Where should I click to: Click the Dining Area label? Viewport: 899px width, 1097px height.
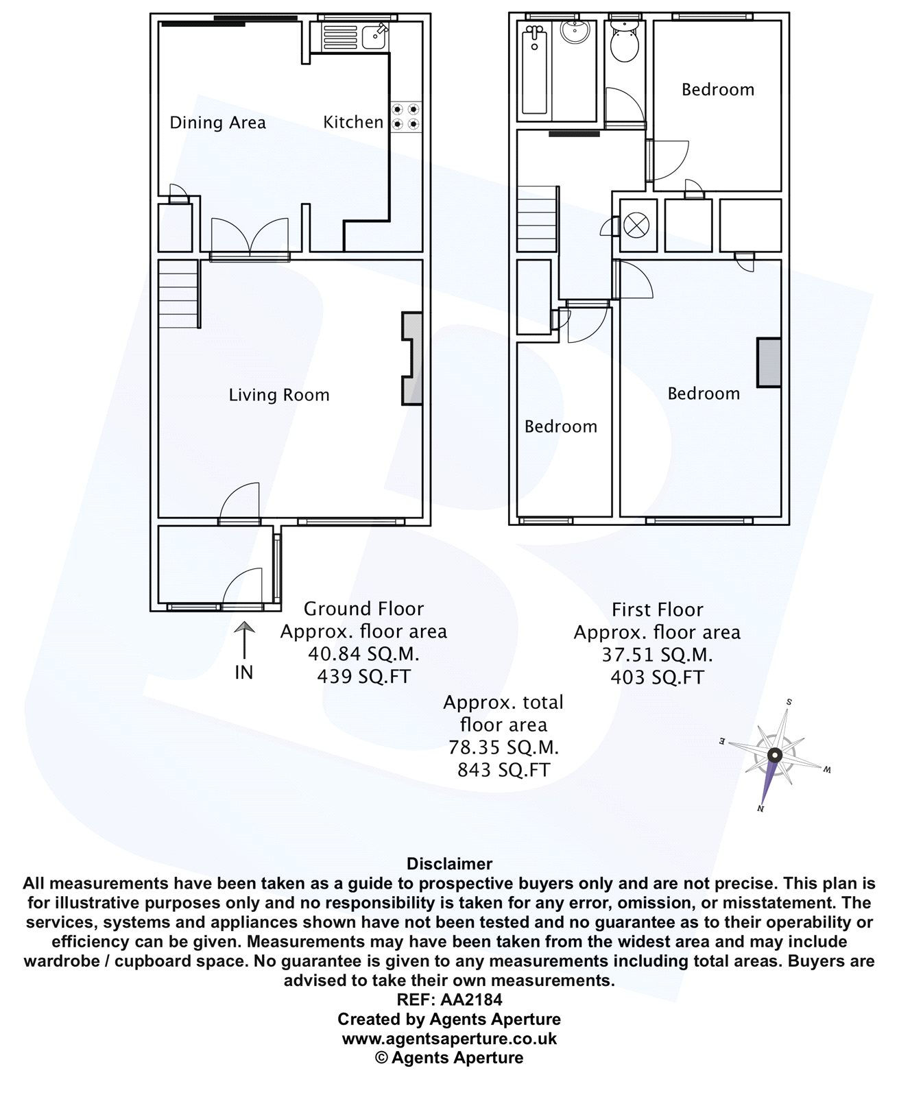pyautogui.click(x=217, y=123)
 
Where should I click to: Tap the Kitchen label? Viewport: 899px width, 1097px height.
pyautogui.click(x=353, y=122)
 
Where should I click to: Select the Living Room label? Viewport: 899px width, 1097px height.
pyautogui.click(x=279, y=395)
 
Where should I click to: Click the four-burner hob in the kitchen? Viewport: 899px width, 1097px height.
pyautogui.click(x=406, y=117)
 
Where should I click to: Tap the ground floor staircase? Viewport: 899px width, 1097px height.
pyautogui.click(x=178, y=296)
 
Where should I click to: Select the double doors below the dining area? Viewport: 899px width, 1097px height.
pyautogui.click(x=250, y=237)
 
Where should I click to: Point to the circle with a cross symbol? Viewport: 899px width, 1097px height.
pyautogui.click(x=638, y=224)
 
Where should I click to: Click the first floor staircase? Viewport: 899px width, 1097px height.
pyautogui.click(x=536, y=220)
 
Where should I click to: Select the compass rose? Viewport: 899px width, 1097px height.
pyautogui.click(x=775, y=756)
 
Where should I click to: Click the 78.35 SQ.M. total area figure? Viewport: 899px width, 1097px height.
pyautogui.click(x=503, y=747)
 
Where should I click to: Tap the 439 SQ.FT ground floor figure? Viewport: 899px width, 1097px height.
pyautogui.click(x=363, y=677)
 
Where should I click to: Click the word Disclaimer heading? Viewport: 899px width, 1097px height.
pyautogui.click(x=449, y=864)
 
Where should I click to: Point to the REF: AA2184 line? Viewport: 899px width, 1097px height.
pyautogui.click(x=449, y=1000)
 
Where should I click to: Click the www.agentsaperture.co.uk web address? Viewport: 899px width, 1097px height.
pyautogui.click(x=449, y=1038)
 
